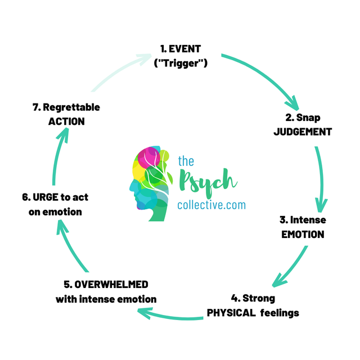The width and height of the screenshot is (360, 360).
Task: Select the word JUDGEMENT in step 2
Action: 302,132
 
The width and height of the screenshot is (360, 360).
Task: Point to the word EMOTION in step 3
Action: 303,234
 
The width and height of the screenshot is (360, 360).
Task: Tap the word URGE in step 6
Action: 44,197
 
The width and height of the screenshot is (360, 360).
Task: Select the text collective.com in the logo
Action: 211,205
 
